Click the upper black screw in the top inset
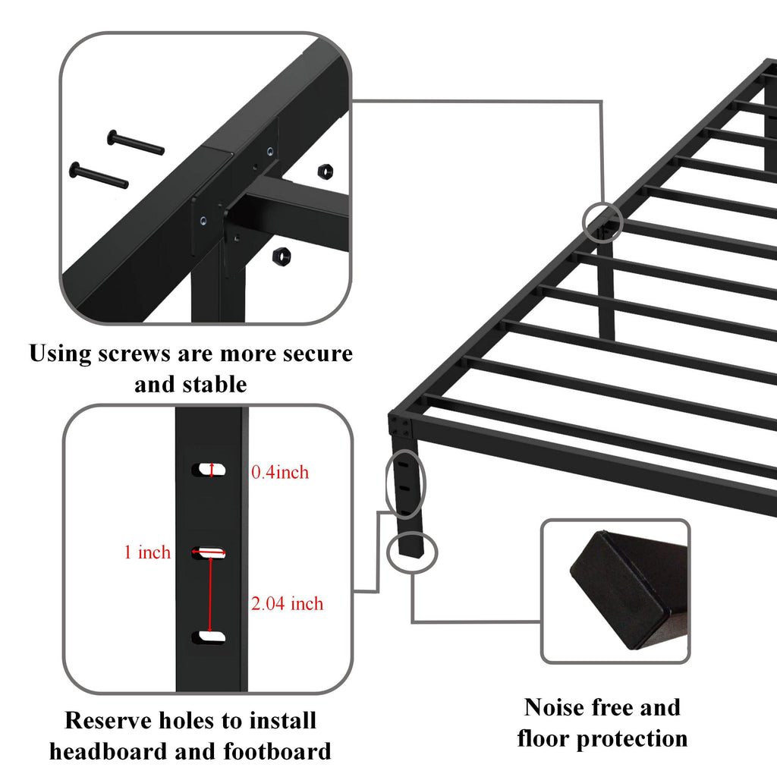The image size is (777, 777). click(135, 142)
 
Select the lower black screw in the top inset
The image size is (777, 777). click(98, 175)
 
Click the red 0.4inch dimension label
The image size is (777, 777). click(280, 473)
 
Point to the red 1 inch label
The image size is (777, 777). click(147, 552)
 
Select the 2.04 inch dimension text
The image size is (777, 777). click(287, 604)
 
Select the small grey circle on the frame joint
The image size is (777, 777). click(603, 222)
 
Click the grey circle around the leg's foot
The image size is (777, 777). click(412, 551)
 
